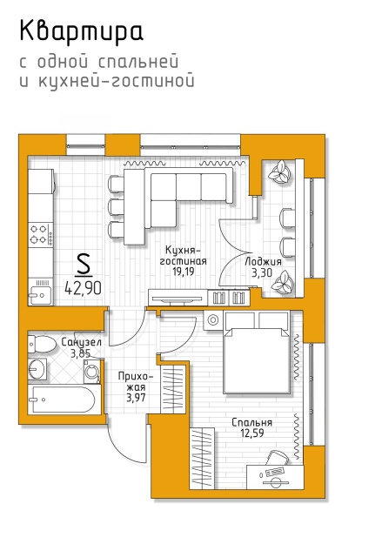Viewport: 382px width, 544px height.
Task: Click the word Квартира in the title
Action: [81, 32]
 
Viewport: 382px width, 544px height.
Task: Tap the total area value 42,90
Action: [84, 288]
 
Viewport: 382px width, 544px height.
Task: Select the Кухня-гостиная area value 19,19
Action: [184, 272]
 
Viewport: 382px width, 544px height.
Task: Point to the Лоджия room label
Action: [263, 261]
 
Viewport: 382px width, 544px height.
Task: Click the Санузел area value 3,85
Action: [81, 353]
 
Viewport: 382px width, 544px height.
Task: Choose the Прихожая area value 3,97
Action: [136, 397]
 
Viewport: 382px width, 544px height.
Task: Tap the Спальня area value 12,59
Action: [252, 433]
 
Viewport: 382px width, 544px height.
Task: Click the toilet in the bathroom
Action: [42, 345]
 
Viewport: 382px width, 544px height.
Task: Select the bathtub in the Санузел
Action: [64, 400]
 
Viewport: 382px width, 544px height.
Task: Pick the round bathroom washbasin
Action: [37, 369]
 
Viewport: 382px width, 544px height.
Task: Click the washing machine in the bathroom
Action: [92, 371]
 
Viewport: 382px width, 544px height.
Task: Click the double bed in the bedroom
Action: [257, 353]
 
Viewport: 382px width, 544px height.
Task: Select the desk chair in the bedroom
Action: [278, 459]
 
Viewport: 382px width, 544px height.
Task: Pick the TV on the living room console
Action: [177, 299]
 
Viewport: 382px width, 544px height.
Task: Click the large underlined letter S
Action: [84, 265]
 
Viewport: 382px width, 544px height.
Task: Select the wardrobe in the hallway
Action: [174, 388]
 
